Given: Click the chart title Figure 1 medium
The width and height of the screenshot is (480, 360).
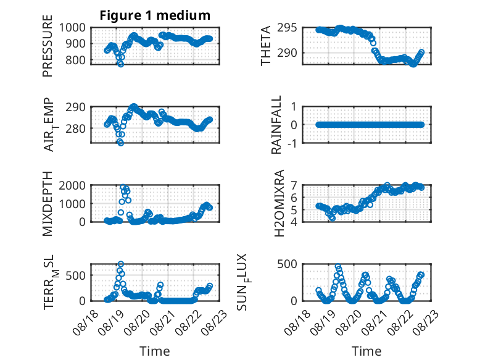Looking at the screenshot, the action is (155, 15).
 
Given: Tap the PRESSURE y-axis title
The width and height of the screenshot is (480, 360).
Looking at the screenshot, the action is (48, 46).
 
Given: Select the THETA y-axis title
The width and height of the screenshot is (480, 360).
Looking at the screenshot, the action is (266, 46).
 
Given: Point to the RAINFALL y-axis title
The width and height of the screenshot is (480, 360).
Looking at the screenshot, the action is (276, 125).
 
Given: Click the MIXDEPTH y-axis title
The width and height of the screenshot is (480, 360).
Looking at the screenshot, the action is (48, 204).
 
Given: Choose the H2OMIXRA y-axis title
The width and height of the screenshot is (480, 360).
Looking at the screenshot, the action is (279, 203).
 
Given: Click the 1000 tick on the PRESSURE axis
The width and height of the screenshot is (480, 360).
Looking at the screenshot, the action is (72, 28).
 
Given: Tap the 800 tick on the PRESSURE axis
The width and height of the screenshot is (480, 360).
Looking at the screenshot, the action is (76, 60).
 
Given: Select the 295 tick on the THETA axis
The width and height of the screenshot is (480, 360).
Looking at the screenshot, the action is (287, 28).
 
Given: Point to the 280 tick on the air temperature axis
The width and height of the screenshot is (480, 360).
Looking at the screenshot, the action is (76, 128).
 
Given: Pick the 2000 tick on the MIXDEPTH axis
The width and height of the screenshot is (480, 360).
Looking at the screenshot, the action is (72, 185).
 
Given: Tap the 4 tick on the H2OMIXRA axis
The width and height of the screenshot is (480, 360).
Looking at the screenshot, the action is (294, 222).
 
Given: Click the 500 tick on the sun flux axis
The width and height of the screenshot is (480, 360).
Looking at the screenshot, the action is (287, 264).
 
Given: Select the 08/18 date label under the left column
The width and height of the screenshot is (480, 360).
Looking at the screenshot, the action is (85, 322).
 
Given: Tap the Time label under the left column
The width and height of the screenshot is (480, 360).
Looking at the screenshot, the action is (155, 351).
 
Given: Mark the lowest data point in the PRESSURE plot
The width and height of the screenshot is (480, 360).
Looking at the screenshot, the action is (120, 64).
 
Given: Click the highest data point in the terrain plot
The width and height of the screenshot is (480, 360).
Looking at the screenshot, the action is (120, 264).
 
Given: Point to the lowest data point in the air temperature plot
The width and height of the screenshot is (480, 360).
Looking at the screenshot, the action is (120, 143).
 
